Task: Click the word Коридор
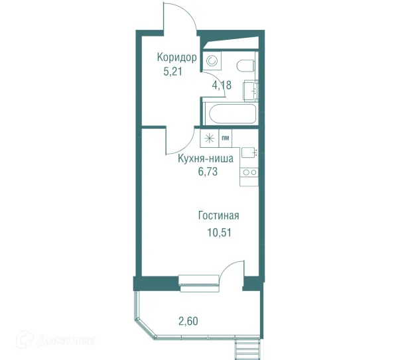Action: click(x=176, y=58)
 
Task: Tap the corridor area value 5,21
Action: click(x=173, y=72)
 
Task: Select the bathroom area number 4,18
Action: click(x=222, y=86)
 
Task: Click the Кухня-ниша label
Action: click(x=206, y=158)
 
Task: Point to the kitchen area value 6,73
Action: click(x=208, y=172)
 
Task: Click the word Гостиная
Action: click(x=218, y=215)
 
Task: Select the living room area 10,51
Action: click(x=220, y=233)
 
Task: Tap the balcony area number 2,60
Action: click(x=188, y=321)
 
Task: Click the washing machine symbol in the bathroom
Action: click(x=212, y=61)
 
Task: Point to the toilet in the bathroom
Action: click(x=245, y=66)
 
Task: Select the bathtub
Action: click(x=233, y=114)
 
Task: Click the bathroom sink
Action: click(x=251, y=90)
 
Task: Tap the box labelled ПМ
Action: click(x=226, y=138)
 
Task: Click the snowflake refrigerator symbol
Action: click(x=210, y=138)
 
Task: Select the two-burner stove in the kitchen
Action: click(x=249, y=172)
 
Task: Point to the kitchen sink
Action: click(x=249, y=152)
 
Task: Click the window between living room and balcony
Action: click(x=199, y=283)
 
